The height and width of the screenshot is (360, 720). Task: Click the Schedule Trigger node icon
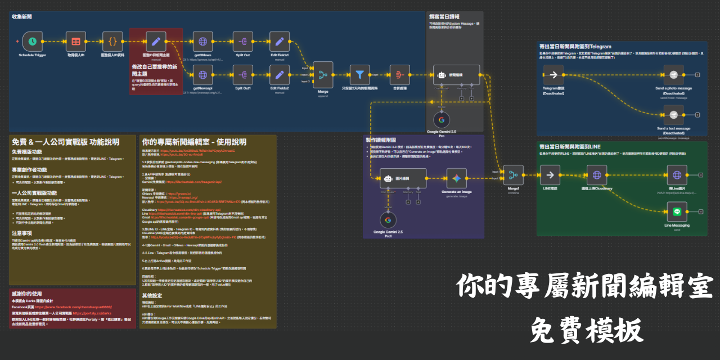[x=33, y=41]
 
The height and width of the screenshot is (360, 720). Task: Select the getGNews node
[x=202, y=41]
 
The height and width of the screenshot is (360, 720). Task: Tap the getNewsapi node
[x=202, y=74]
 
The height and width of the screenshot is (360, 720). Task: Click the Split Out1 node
[x=243, y=74]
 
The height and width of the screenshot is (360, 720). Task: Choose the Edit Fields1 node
[x=280, y=41]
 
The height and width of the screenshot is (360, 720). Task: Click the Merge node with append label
[x=323, y=74]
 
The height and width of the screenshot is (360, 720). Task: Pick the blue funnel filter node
[x=359, y=74]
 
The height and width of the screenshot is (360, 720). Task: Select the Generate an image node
[x=456, y=178]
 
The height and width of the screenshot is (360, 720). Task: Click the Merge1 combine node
[x=512, y=175]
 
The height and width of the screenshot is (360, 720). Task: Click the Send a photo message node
[x=673, y=74]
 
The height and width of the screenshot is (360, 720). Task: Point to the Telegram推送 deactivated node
[x=553, y=74]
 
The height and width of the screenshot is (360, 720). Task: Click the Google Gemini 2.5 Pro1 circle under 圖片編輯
[x=388, y=220]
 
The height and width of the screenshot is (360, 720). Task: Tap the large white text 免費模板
[x=586, y=331]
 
